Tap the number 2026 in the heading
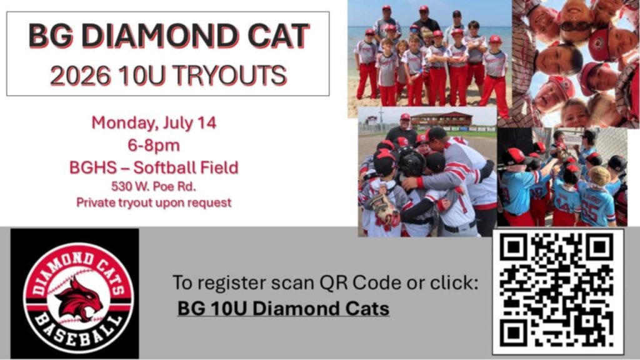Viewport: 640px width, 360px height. (x=80, y=76)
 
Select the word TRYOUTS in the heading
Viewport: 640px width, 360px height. (x=229, y=76)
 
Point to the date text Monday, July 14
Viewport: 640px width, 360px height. (x=154, y=123)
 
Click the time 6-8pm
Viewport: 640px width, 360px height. (x=154, y=145)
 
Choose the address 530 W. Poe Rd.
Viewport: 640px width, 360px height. (x=154, y=186)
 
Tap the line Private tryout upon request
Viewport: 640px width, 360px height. (x=154, y=202)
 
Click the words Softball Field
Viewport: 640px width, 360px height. (x=186, y=167)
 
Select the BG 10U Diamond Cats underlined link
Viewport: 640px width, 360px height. (x=283, y=308)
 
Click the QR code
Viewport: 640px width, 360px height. (x=557, y=291)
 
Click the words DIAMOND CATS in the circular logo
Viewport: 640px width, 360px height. (x=77, y=269)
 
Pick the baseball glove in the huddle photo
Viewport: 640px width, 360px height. (x=385, y=209)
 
